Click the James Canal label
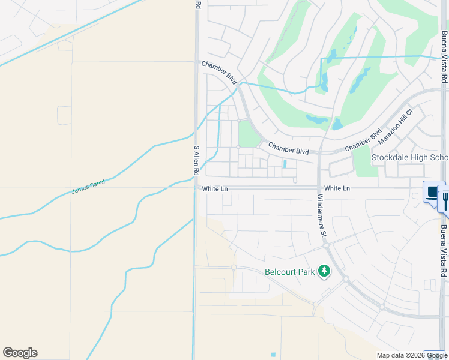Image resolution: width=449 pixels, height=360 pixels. click(x=88, y=187)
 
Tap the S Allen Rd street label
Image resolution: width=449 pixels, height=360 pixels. click(x=196, y=160)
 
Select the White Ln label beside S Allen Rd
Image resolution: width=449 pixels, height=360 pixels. click(x=215, y=188)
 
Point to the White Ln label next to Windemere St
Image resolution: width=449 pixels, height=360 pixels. click(x=337, y=188)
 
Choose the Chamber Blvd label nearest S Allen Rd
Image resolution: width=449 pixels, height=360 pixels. click(x=219, y=73)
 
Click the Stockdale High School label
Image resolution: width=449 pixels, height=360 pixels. click(x=409, y=158)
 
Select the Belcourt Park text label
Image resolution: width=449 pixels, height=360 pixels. click(x=290, y=272)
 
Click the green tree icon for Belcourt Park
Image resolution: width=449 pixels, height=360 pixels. click(x=324, y=271)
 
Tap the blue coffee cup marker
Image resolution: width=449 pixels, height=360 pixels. click(x=432, y=193)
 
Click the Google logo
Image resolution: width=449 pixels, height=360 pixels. click(x=20, y=353)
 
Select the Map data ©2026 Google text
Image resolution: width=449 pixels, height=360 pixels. click(x=411, y=355)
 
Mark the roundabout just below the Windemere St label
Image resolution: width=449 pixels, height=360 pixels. click(x=325, y=245)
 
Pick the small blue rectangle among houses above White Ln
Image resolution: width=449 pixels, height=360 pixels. click(x=285, y=163)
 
